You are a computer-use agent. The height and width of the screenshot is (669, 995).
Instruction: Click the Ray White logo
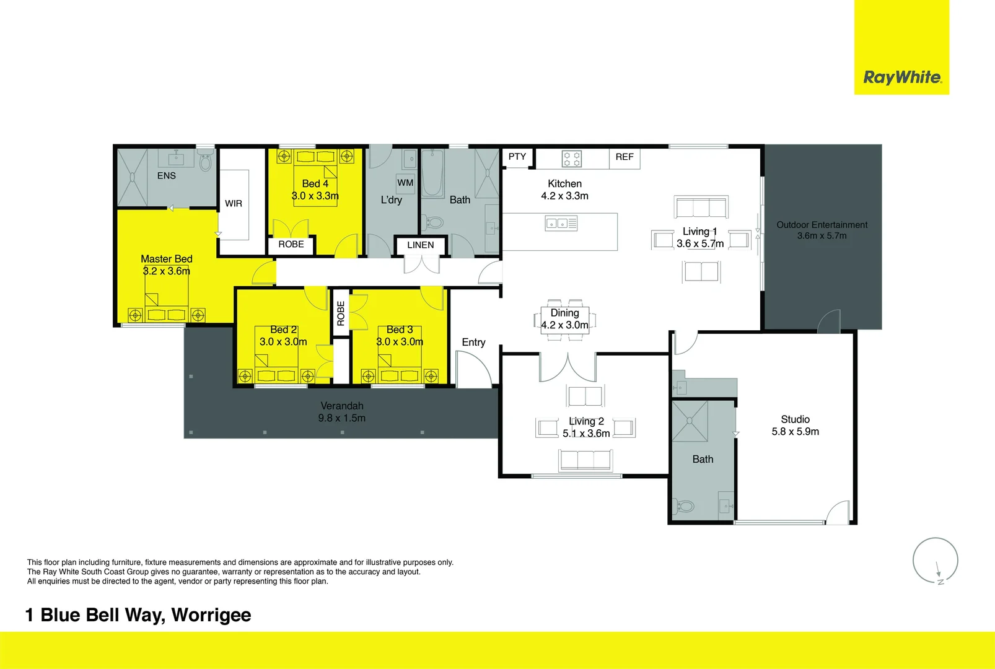pyautogui.click(x=901, y=77)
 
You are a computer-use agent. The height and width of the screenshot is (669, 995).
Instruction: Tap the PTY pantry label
pyautogui.click(x=517, y=157)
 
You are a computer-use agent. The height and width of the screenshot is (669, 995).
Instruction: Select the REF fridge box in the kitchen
pyautogui.click(x=625, y=157)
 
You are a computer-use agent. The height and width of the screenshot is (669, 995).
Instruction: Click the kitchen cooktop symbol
pyautogui.click(x=571, y=159)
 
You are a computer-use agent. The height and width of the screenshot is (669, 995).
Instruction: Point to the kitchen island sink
pyautogui.click(x=561, y=223)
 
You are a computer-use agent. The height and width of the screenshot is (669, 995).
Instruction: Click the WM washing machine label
pyautogui.click(x=405, y=183)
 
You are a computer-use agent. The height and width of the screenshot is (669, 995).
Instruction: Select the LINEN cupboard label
pyautogui.click(x=421, y=245)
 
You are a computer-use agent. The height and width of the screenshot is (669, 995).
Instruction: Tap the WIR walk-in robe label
pyautogui.click(x=234, y=204)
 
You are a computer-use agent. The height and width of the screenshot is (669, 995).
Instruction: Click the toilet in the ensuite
pyautogui.click(x=206, y=161)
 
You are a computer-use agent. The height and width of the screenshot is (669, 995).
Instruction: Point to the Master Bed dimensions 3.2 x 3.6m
pyautogui.click(x=167, y=271)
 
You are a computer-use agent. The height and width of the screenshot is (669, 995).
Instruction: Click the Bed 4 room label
pyautogui.click(x=315, y=183)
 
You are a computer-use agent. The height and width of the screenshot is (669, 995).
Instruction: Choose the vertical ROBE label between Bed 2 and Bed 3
pyautogui.click(x=341, y=313)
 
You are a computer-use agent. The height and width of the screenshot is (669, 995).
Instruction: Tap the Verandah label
pyautogui.click(x=342, y=406)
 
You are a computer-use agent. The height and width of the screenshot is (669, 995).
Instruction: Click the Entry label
pyautogui.click(x=473, y=342)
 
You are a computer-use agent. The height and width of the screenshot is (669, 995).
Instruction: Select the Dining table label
pyautogui.click(x=564, y=313)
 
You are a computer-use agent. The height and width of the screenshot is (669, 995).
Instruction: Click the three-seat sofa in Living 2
pyautogui.click(x=585, y=460)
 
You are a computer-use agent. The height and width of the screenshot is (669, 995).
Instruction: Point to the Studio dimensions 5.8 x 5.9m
pyautogui.click(x=795, y=432)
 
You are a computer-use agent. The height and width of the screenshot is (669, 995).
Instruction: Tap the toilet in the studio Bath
pyautogui.click(x=684, y=507)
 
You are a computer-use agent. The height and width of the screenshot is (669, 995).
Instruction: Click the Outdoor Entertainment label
pyautogui.click(x=822, y=225)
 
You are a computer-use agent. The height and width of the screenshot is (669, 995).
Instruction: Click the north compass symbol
pyautogui.click(x=936, y=561)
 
